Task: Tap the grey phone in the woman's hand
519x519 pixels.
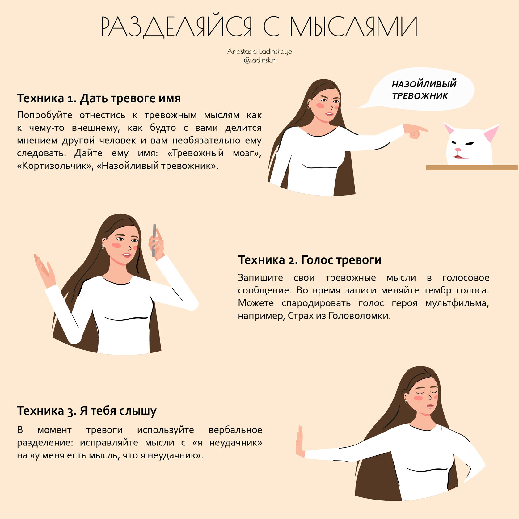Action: coord(154,240)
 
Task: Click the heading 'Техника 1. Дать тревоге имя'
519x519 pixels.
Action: coord(99,98)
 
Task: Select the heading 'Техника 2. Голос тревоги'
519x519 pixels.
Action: coord(310,260)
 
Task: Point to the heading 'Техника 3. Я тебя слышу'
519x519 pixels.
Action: coord(87,411)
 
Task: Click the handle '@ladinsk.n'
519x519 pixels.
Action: coord(259,60)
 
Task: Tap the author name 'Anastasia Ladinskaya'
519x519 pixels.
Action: coord(259,51)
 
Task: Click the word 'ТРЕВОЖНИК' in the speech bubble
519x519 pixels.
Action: coord(420,96)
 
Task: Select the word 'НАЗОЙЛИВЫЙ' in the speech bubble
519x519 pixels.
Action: coord(424,84)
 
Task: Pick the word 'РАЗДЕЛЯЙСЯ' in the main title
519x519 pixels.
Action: coord(176,27)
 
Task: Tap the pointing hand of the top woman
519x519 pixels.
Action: coord(416,131)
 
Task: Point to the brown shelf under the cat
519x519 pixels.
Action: coord(472,167)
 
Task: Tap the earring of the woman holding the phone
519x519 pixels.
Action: coord(103,247)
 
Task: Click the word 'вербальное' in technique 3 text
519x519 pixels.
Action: coord(235,430)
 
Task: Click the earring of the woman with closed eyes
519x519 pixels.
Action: coord(406,401)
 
